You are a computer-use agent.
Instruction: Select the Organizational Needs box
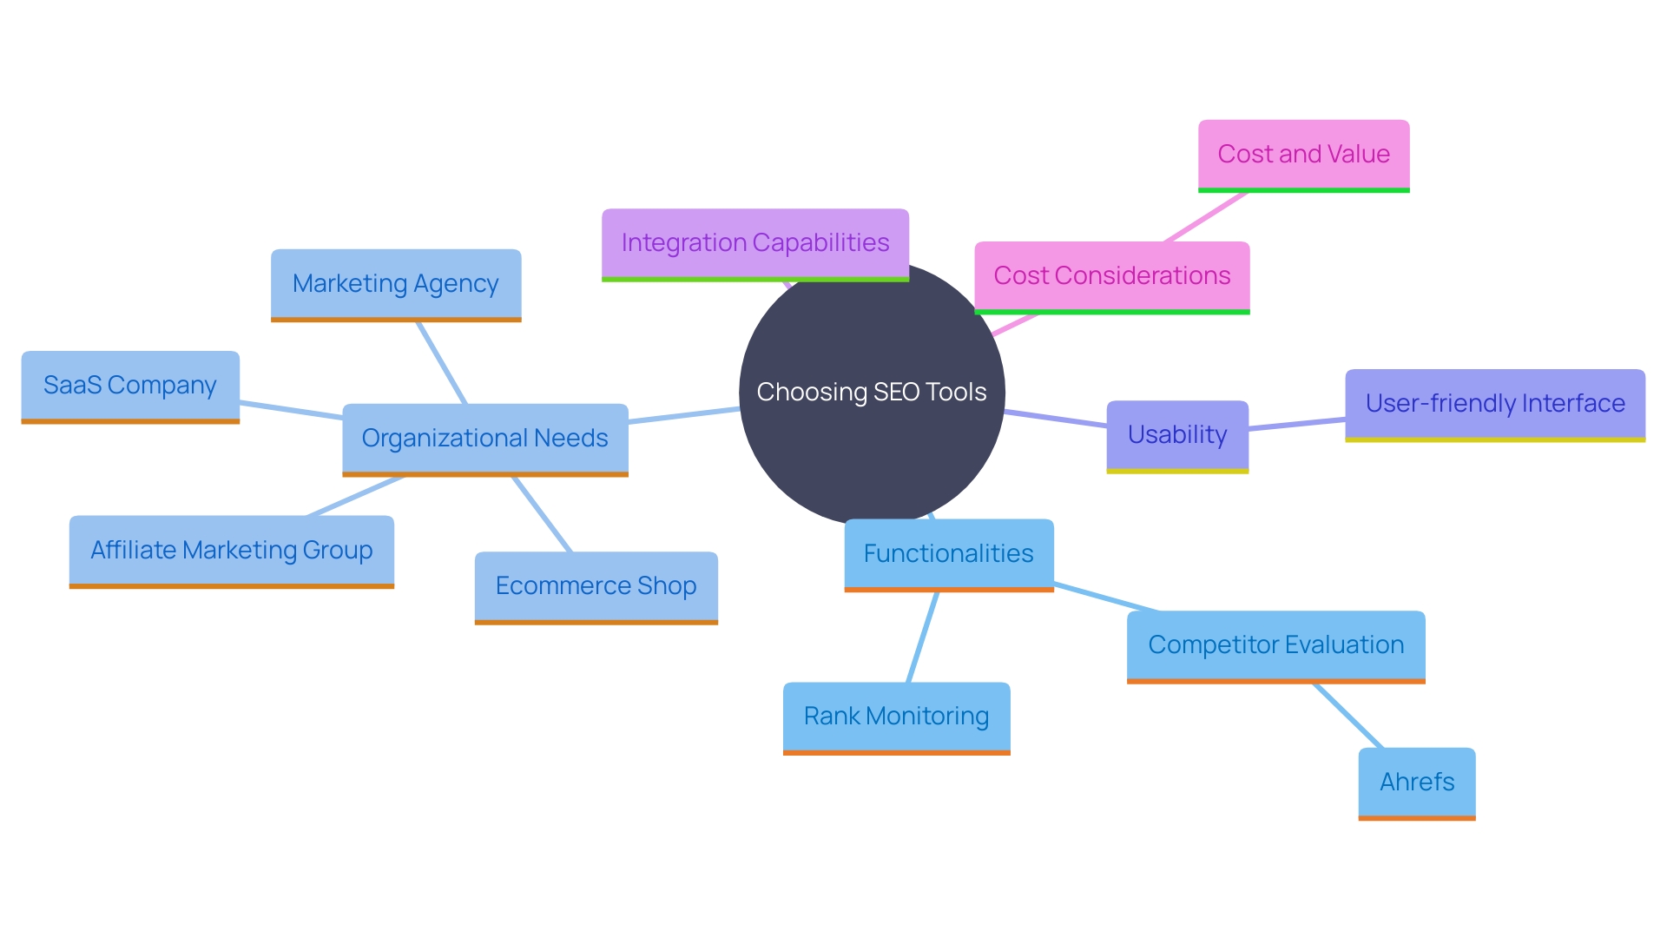coord(484,438)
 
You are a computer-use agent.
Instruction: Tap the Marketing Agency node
coord(396,284)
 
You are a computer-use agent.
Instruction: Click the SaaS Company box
coord(130,385)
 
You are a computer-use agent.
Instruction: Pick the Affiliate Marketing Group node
coord(231,550)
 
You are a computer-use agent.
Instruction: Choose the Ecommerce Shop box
coord(596,585)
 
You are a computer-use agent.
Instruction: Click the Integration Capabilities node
coord(754,242)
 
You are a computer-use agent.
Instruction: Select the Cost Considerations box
coord(1111,275)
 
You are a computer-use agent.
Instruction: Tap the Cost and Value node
coord(1303,154)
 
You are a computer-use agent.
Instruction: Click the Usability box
coord(1176,434)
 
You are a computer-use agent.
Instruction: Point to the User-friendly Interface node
coord(1494,403)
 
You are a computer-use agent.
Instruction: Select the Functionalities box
coord(948,553)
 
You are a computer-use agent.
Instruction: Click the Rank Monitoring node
coord(896,716)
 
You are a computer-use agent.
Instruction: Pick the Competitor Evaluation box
coord(1275,644)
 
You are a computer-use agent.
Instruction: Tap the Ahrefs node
coord(1416,782)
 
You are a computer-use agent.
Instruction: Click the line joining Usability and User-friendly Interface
coord(1296,424)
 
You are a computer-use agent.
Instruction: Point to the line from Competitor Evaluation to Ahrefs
coord(1347,716)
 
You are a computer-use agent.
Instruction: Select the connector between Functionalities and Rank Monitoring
coord(922,637)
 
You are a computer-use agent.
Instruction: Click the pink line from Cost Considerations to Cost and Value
coord(1205,217)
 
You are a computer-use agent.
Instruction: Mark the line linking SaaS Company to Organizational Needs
coord(291,410)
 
